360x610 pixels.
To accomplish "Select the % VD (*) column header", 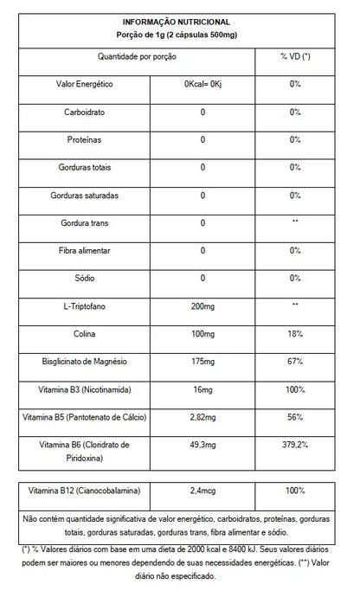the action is [x=295, y=56].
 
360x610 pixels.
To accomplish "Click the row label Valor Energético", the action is [x=85, y=84].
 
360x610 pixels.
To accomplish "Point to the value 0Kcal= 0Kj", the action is [x=203, y=84].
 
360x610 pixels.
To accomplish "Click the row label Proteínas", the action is [x=85, y=140].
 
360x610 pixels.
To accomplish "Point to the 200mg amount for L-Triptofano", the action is [x=203, y=307].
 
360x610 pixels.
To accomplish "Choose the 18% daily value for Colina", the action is [x=295, y=335].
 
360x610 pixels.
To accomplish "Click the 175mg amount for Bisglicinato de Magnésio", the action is [x=203, y=362].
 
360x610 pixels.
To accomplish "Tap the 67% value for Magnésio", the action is [x=295, y=362].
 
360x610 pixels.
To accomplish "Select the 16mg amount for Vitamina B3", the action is [x=203, y=390].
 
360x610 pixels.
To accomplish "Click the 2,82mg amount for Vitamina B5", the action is [x=203, y=418].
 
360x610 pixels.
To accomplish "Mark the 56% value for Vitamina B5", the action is [x=295, y=418].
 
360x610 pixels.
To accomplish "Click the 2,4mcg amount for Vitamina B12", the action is [x=203, y=491].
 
